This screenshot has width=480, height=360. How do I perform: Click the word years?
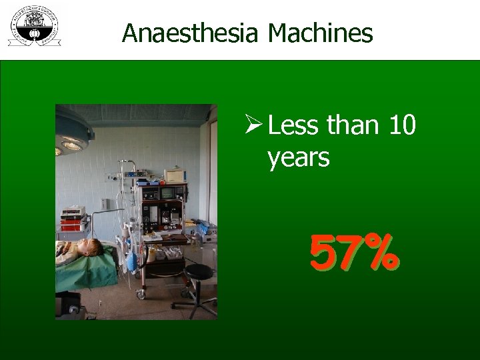[298, 158]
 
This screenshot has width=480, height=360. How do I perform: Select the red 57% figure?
[354, 255]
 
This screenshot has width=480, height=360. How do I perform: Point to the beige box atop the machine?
[174, 175]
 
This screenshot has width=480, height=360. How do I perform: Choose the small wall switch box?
[104, 203]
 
